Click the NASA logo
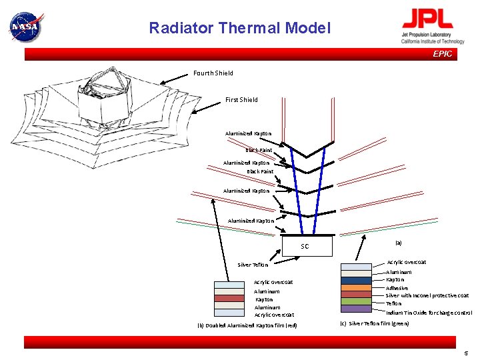coord(25,27)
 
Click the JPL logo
coord(432,27)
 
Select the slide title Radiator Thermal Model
coord(239,28)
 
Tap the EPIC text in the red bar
coord(442,54)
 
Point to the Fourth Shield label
coord(213,73)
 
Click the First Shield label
coord(241,100)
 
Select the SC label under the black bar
coord(305,247)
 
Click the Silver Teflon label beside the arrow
coord(253,265)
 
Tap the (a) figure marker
coord(398,243)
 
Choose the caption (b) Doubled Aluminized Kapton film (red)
coord(247,325)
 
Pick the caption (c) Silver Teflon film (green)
coord(375,323)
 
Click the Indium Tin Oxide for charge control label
coord(429,312)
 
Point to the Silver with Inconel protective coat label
coord(427,295)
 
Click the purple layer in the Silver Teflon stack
coord(356,309)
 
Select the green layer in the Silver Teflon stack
coord(356,301)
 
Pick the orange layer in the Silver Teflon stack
coord(356,287)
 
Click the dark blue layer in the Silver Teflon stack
coord(356,280)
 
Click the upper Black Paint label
coord(259,151)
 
